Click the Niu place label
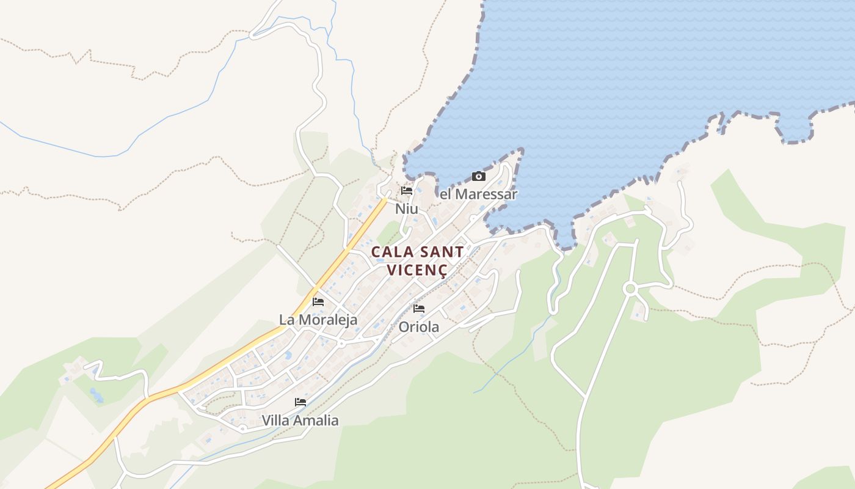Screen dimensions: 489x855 [x=407, y=209]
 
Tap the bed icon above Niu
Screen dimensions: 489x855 [x=407, y=191]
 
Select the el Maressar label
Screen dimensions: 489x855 [x=479, y=194]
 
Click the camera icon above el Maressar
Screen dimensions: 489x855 [x=479, y=177]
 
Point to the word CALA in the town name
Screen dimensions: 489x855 [x=390, y=252]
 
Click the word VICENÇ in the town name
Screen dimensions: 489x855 [x=417, y=270]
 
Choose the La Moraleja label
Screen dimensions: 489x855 [x=318, y=320]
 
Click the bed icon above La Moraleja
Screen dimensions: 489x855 [x=318, y=302]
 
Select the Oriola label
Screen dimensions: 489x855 [x=419, y=327]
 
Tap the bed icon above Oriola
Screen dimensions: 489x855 [x=419, y=309]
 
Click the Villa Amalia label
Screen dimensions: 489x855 [x=300, y=421]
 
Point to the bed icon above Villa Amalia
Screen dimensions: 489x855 [x=300, y=402]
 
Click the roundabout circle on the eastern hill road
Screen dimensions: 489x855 [x=630, y=288]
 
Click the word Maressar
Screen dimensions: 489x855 [x=486, y=194]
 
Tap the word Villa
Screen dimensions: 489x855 [x=276, y=421]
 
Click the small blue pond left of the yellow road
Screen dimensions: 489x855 [x=95, y=394]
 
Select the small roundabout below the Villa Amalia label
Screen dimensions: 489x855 [x=243, y=428]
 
